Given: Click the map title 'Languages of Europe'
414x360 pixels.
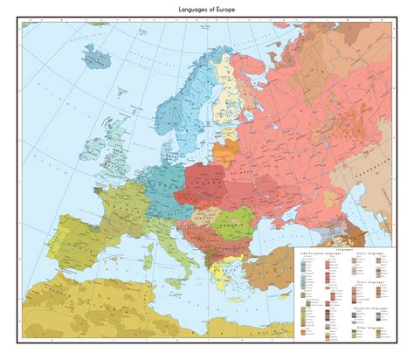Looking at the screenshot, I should point(207,7).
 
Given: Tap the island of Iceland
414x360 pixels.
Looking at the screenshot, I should point(94,60).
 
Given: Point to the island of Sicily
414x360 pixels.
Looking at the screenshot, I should point(186,285).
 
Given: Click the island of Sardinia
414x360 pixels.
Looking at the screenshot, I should point(154,262).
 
